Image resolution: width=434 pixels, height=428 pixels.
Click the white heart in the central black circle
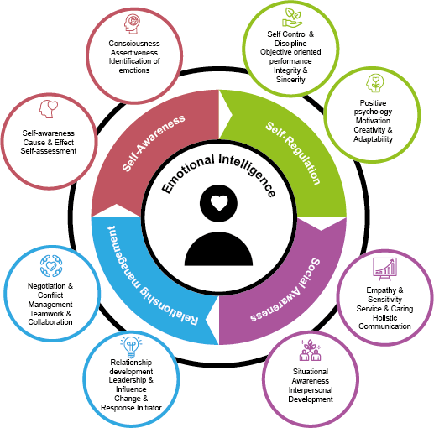click(x=219, y=203)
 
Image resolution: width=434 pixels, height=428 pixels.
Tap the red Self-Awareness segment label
click(x=154, y=143)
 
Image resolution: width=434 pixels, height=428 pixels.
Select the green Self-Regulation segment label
click(x=293, y=153)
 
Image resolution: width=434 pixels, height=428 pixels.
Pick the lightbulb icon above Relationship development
click(x=131, y=347)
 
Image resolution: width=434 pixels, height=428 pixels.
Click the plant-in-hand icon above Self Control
click(x=292, y=18)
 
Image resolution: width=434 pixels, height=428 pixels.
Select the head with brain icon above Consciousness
click(x=133, y=24)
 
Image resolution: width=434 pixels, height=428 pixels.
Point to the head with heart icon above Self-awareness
click(x=49, y=109)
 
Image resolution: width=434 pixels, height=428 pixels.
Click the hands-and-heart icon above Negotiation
click(x=51, y=266)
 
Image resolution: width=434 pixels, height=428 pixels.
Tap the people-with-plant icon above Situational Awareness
click(x=310, y=350)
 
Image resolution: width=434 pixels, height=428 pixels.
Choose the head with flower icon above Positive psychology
click(x=375, y=83)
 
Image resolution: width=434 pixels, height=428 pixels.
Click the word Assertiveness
click(x=134, y=53)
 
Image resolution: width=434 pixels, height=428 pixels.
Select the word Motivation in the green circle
click(x=373, y=121)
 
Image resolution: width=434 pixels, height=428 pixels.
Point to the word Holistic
click(x=384, y=318)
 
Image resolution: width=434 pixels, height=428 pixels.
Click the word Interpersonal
click(x=311, y=390)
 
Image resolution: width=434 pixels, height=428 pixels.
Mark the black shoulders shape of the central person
click(x=218, y=249)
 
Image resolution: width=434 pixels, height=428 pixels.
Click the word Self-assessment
click(x=49, y=151)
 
